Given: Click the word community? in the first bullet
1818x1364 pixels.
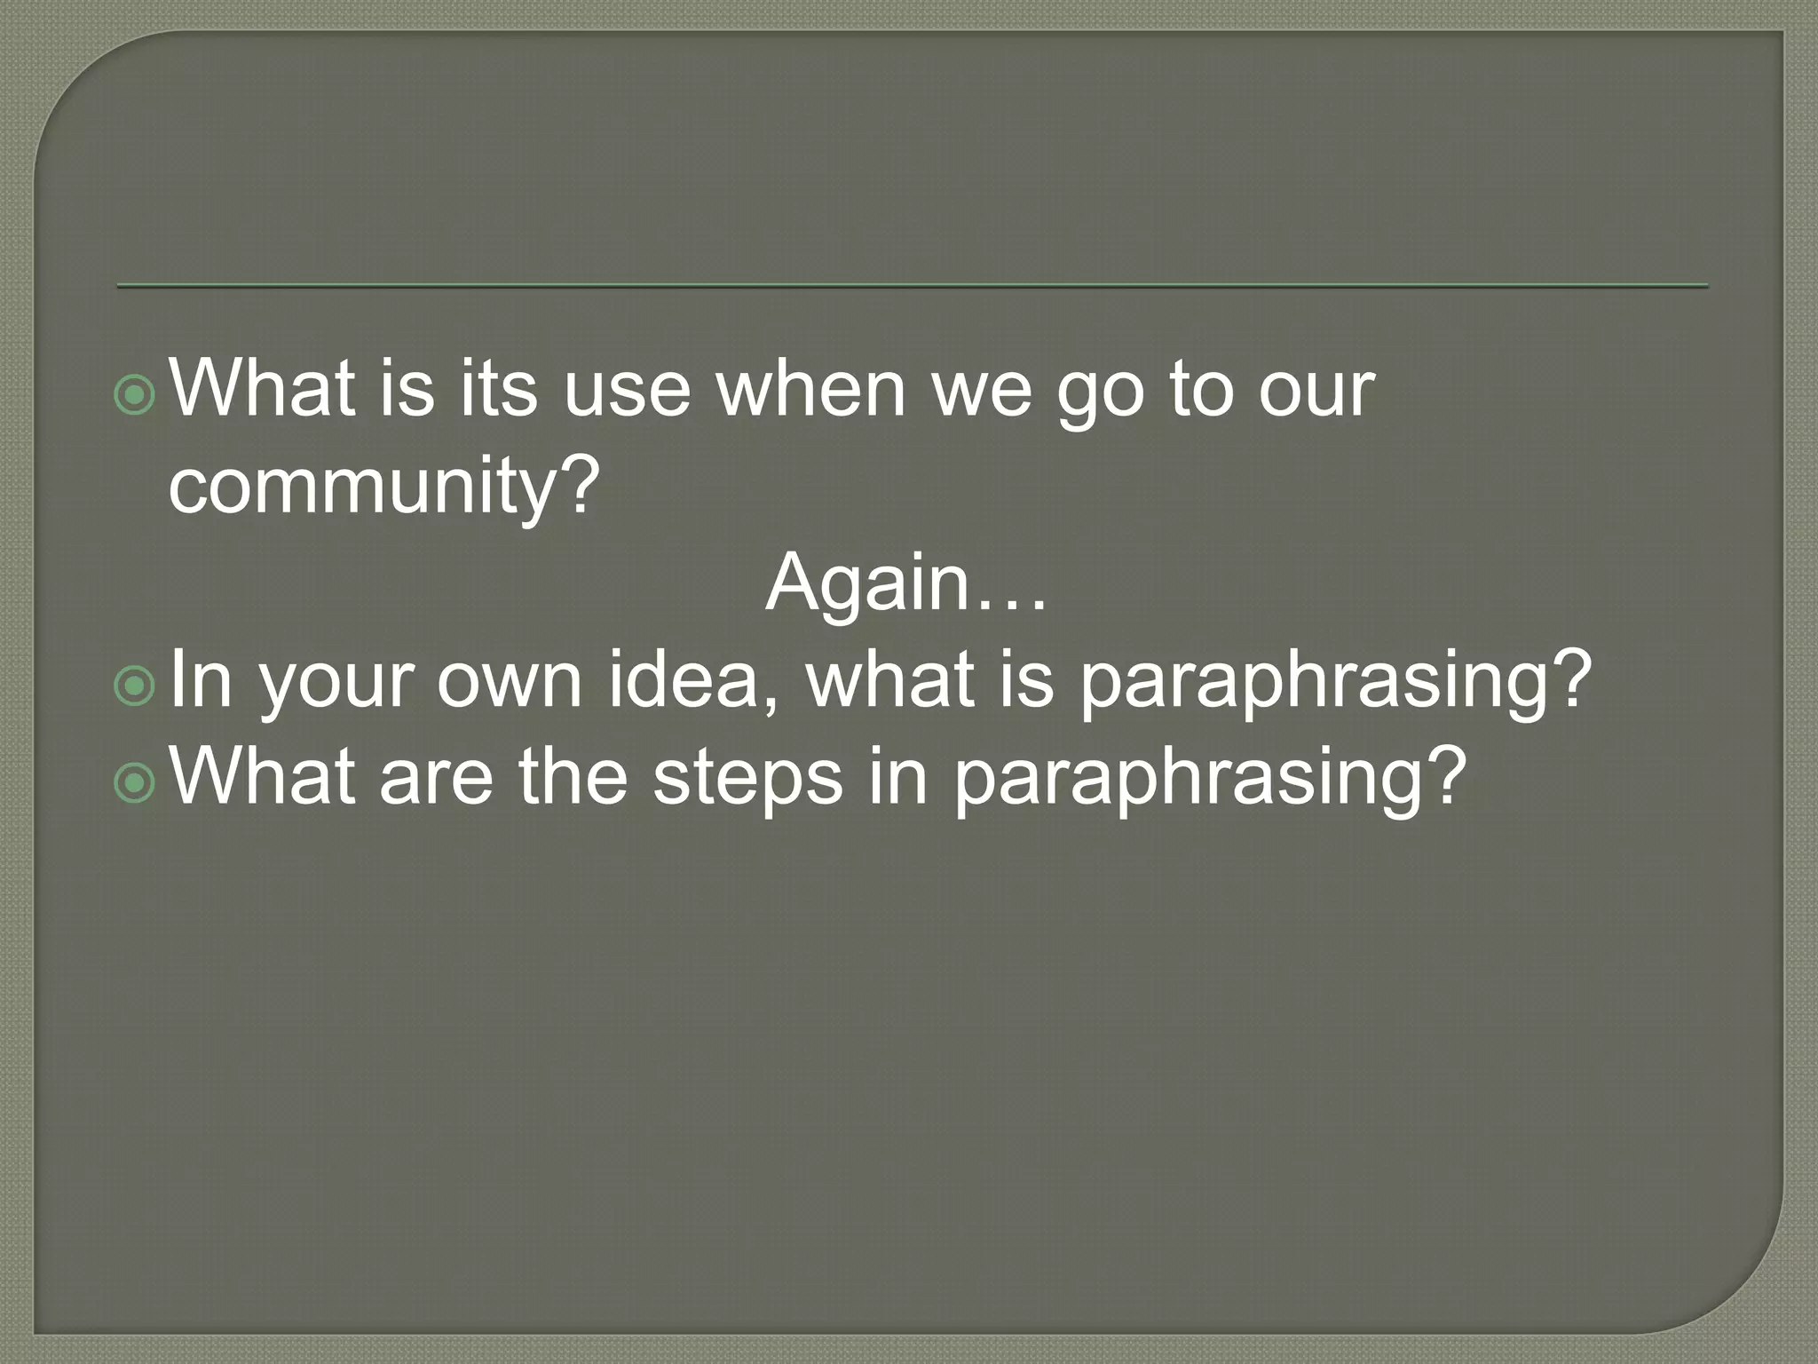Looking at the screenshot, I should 383,488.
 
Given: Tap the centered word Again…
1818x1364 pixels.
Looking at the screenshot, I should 906,583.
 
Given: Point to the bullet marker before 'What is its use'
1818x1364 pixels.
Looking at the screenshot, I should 136,395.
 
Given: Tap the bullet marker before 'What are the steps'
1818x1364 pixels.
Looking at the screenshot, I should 136,781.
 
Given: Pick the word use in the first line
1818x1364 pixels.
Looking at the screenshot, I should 627,391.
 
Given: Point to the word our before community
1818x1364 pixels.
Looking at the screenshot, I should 1316,391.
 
